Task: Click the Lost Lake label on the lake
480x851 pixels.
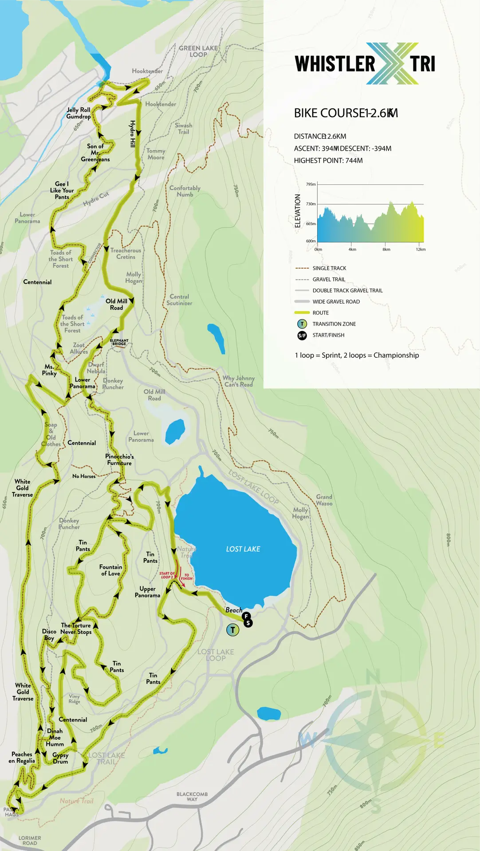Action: tap(243, 549)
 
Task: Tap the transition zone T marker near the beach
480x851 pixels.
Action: tap(232, 629)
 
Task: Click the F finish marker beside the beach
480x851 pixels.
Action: tap(246, 616)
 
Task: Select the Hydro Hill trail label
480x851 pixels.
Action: tap(132, 134)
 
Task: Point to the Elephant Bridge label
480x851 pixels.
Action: tap(119, 342)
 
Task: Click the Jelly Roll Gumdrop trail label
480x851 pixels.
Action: tap(79, 113)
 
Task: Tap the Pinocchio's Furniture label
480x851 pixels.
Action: tap(119, 460)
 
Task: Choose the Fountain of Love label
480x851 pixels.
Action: tap(110, 570)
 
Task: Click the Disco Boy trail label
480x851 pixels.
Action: tap(49, 635)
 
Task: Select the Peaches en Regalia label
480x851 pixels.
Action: tap(22, 757)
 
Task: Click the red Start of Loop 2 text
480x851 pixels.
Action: tap(167, 575)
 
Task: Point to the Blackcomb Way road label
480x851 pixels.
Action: tap(192, 796)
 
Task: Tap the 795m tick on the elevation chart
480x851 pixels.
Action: tap(311, 184)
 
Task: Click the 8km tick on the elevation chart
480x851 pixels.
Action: tap(386, 249)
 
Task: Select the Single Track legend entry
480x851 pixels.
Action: tap(329, 268)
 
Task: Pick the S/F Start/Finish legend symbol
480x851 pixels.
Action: tap(302, 336)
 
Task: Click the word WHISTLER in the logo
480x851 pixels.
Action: tap(335, 64)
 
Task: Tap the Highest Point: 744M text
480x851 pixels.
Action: tap(328, 160)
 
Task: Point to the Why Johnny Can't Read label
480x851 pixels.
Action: tap(239, 381)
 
